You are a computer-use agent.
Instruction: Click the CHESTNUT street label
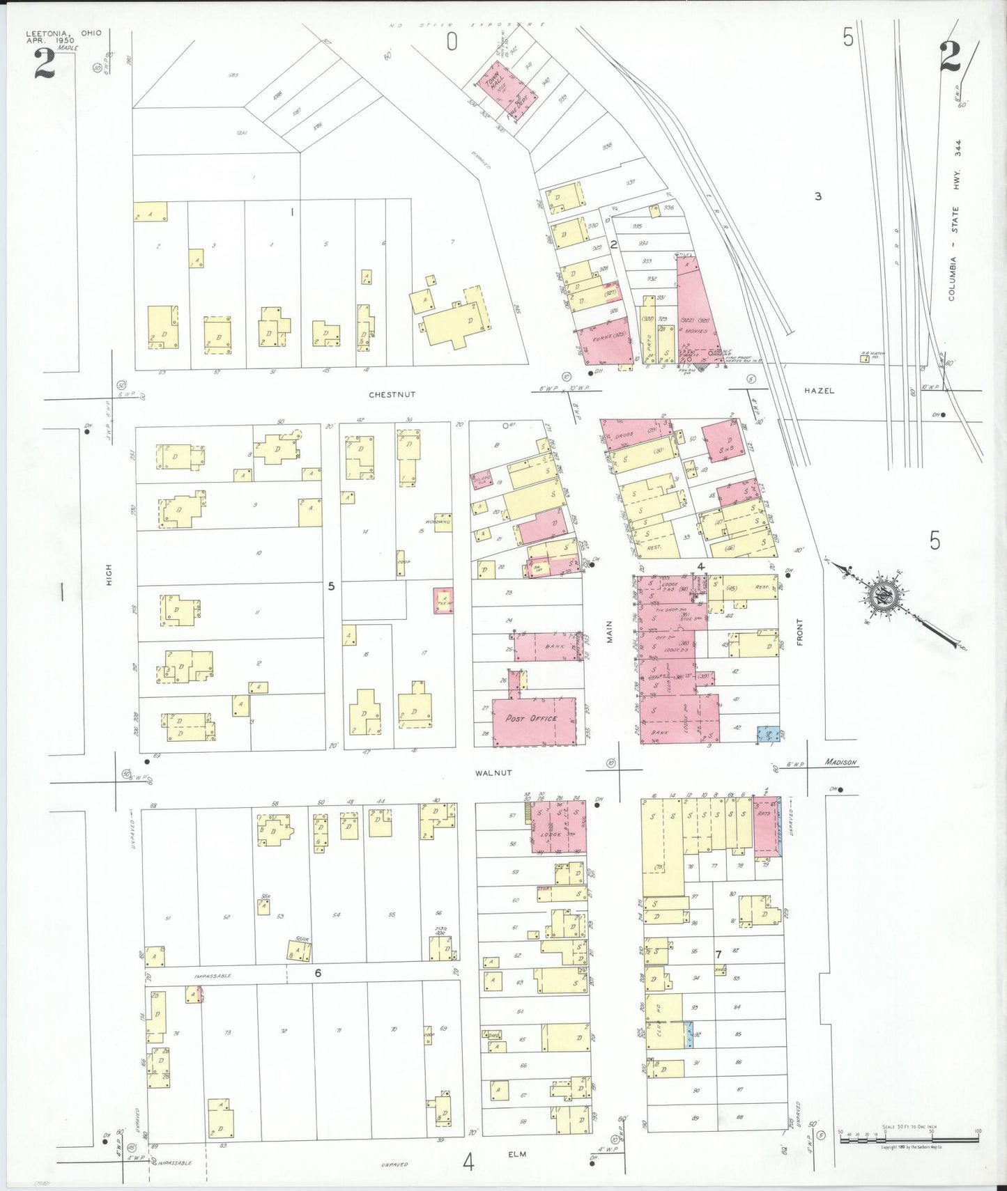392,394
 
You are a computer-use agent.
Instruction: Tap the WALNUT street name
493,772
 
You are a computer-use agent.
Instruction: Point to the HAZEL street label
819,391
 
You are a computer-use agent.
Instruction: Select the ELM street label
517,1154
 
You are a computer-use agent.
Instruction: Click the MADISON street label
840,762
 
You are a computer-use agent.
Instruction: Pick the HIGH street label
109,575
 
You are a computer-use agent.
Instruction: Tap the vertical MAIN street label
609,632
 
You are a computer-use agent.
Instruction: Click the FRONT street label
799,632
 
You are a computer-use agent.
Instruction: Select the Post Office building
535,721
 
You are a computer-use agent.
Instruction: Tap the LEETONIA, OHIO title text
63,33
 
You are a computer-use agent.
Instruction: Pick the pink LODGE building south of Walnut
559,827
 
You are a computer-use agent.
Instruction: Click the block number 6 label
318,973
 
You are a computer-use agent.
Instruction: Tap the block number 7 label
718,953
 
